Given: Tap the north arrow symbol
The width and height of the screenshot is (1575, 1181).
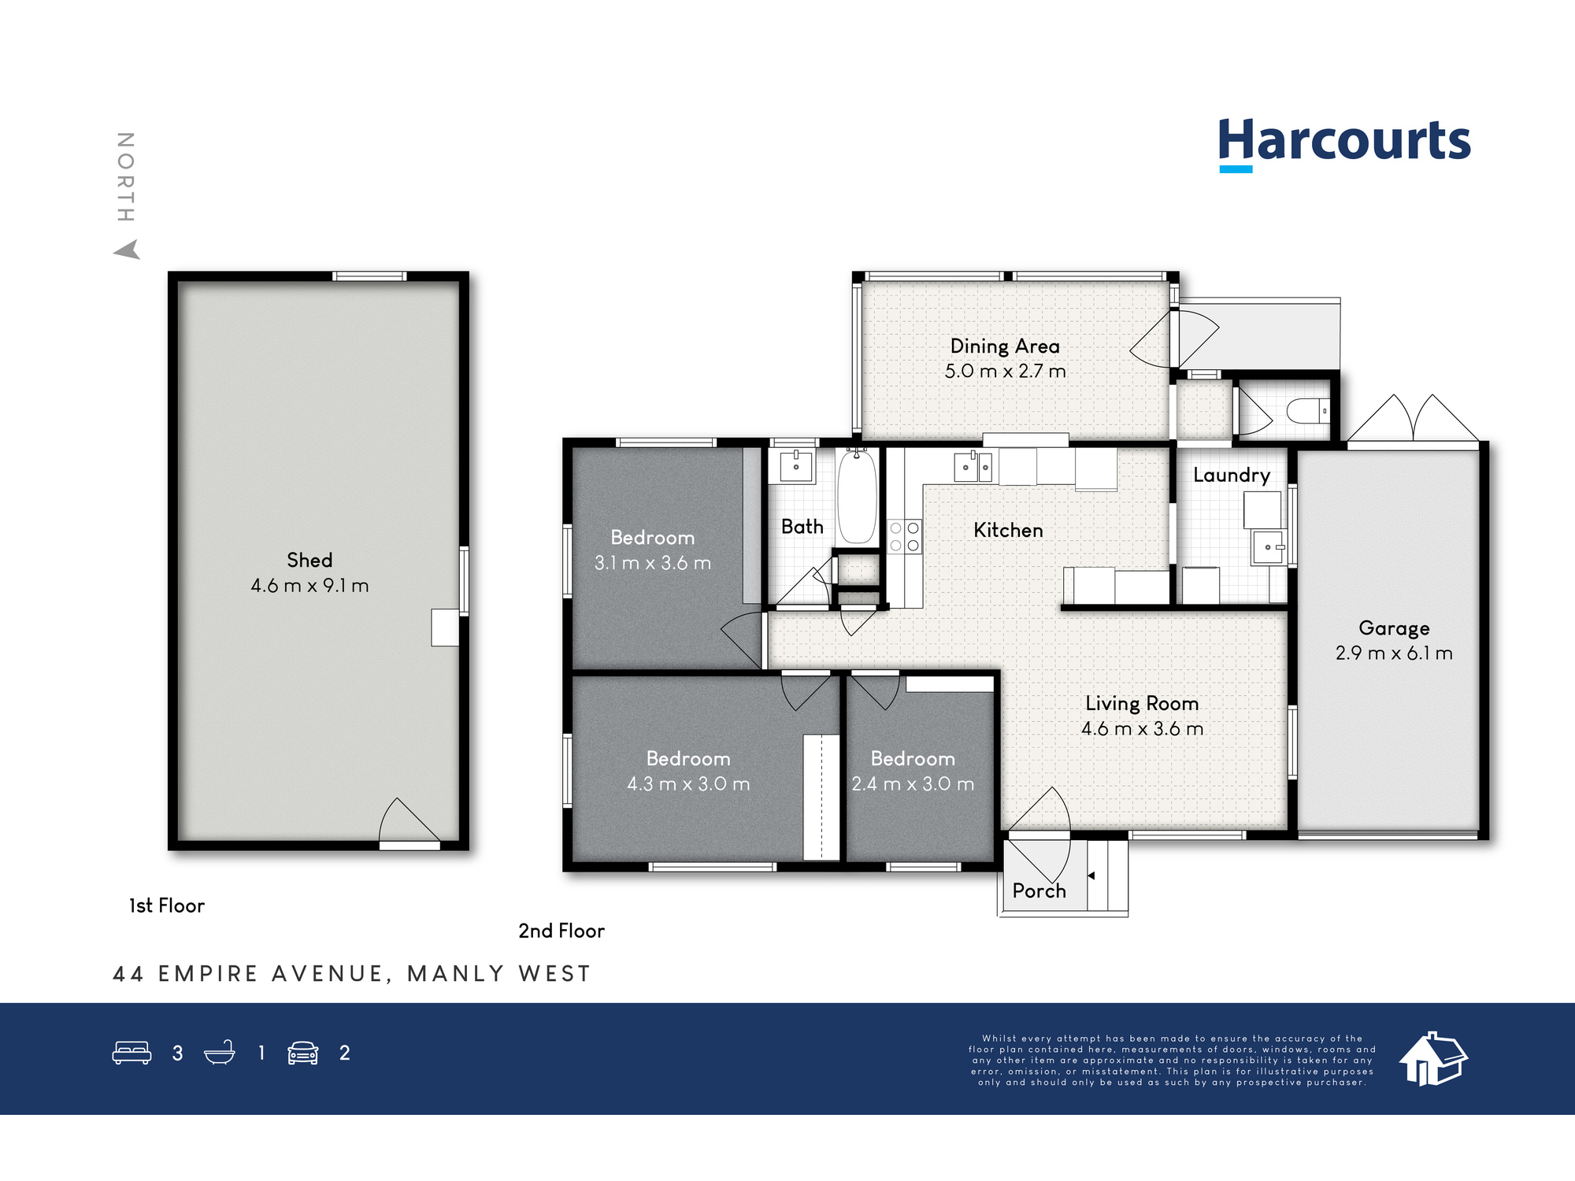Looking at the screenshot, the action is pyautogui.click(x=127, y=250).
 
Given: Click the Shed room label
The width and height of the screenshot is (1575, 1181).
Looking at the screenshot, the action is pyautogui.click(x=309, y=560).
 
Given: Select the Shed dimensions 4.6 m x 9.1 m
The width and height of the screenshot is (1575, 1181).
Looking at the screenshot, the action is pyautogui.click(x=309, y=586).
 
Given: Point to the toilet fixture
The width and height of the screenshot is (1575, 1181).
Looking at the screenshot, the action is pyautogui.click(x=1307, y=411).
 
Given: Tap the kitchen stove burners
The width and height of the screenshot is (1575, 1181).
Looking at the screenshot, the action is pyautogui.click(x=904, y=536).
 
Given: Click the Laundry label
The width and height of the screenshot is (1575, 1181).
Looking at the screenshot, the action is pyautogui.click(x=1232, y=475).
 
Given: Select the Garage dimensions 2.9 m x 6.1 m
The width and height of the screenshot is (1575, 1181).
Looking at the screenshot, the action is pyautogui.click(x=1394, y=653).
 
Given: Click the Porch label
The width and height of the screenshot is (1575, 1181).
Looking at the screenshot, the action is pyautogui.click(x=1039, y=890).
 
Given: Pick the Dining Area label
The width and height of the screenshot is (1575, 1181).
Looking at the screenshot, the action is pyautogui.click(x=1005, y=346).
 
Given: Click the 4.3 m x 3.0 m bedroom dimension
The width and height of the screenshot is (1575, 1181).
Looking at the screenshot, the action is pyautogui.click(x=688, y=784).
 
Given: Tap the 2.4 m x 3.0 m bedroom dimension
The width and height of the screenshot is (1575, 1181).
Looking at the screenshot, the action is pyautogui.click(x=913, y=784).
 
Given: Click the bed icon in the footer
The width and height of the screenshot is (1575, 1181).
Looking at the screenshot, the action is pyautogui.click(x=132, y=1053).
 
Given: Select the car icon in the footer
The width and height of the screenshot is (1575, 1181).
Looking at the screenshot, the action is pyautogui.click(x=302, y=1053).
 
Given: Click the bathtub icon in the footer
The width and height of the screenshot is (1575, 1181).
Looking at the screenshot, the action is pyautogui.click(x=220, y=1053).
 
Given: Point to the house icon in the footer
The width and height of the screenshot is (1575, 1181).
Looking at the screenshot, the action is pyautogui.click(x=1433, y=1059).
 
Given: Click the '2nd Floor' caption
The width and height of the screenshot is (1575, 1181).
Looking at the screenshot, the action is pyautogui.click(x=561, y=931).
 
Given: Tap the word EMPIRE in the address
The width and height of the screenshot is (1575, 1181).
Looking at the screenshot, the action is pyautogui.click(x=208, y=974).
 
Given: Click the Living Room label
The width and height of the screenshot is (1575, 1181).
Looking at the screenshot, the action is pyautogui.click(x=1142, y=704).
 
